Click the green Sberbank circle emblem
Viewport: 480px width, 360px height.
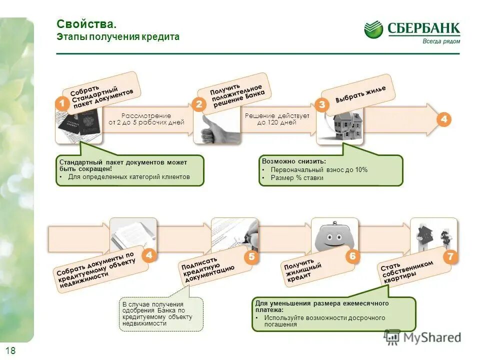373,29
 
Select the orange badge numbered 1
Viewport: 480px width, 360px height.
62,103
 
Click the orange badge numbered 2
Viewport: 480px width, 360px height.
199,104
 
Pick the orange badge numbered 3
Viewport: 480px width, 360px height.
321,104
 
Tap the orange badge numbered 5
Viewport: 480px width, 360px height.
251,257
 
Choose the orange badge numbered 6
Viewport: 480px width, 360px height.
352,256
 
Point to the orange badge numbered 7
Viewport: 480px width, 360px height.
450,257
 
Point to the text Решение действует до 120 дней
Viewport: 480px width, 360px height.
277,119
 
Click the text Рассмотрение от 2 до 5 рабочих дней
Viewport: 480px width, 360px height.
146,119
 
